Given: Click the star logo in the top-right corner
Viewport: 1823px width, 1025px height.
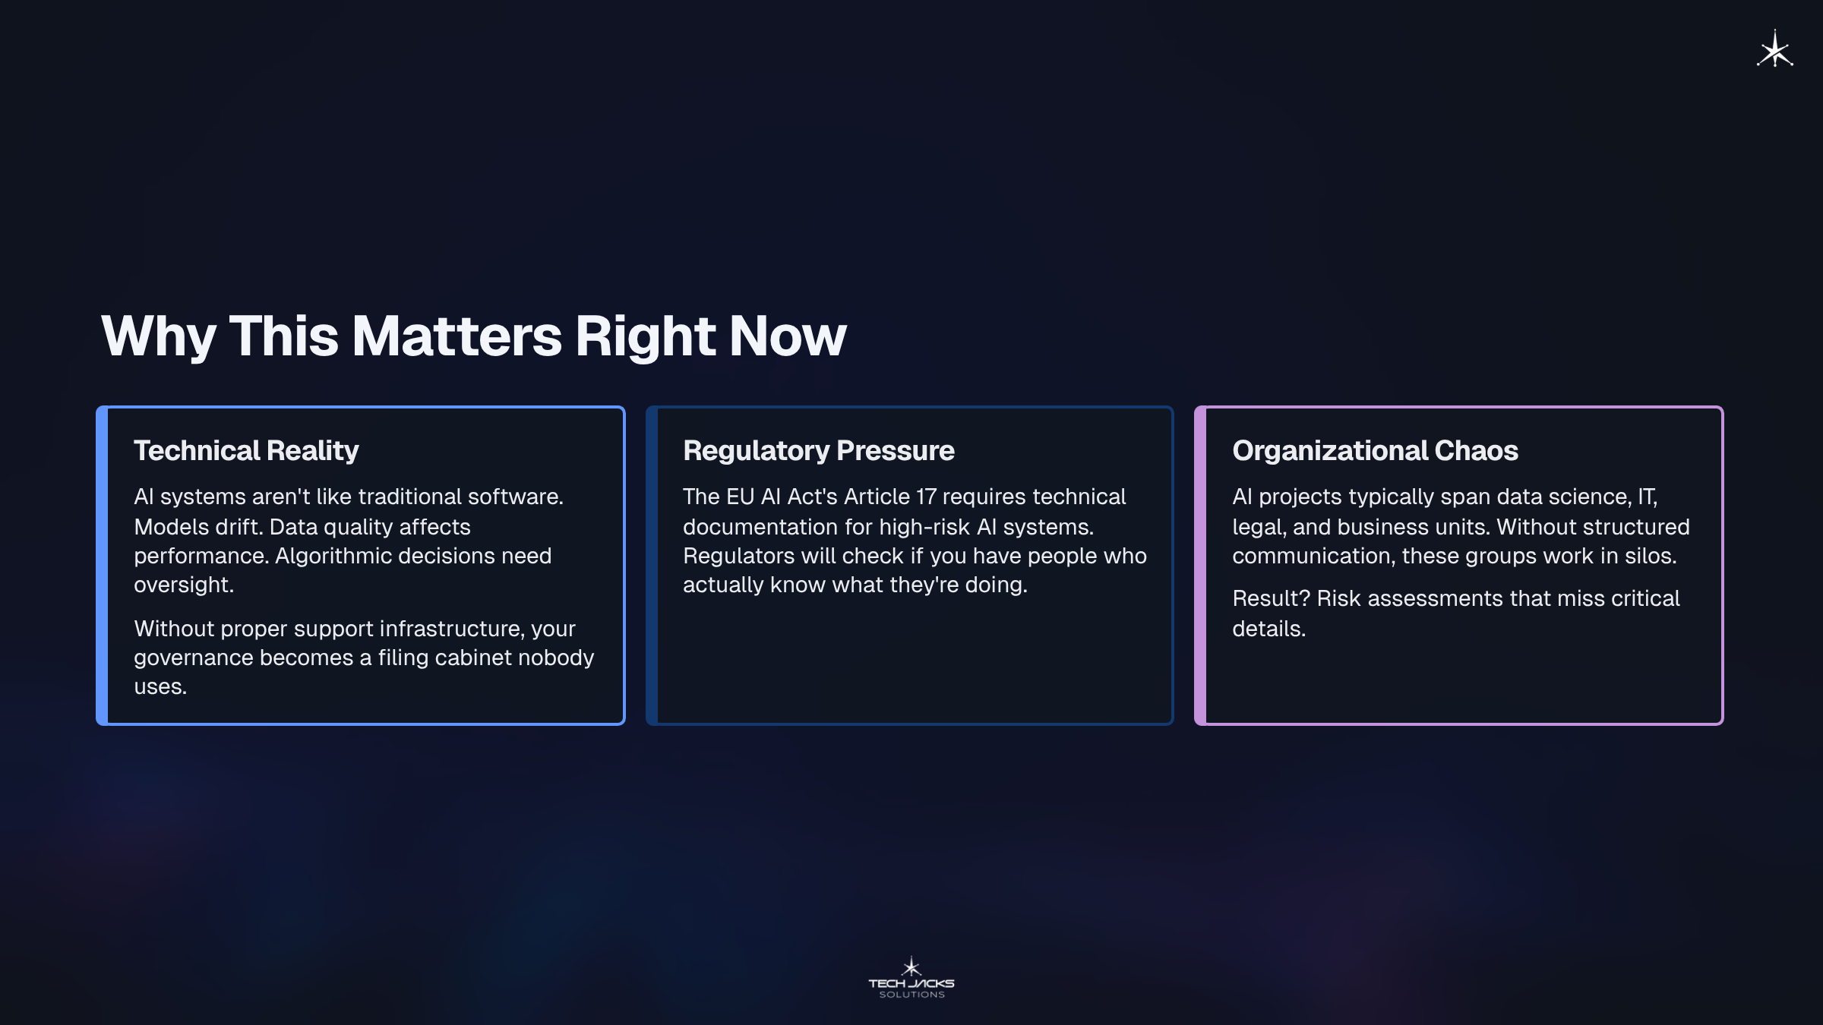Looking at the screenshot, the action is click(1774, 49).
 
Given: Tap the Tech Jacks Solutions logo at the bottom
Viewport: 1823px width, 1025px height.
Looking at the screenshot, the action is click(912, 977).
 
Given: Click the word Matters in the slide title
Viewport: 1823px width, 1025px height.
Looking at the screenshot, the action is click(457, 336).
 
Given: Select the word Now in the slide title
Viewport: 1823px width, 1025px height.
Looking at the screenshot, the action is click(788, 336).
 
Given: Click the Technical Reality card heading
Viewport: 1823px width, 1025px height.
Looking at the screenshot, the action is click(246, 450).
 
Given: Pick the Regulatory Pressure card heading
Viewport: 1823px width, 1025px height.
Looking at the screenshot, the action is click(819, 450).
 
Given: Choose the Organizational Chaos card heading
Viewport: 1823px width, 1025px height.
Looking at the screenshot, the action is click(1375, 450).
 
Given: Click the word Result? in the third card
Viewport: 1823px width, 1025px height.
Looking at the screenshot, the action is click(1272, 598).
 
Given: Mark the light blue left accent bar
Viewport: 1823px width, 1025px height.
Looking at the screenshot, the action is click(102, 566).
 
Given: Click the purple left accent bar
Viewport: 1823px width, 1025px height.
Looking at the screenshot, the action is click(1200, 566).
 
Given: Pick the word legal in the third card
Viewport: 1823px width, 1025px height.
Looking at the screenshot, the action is click(1257, 527).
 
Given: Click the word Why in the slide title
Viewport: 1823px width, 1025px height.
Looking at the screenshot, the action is click(158, 336).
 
